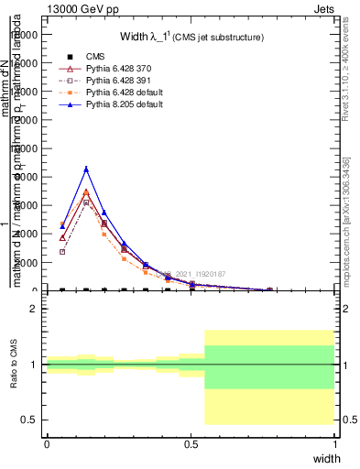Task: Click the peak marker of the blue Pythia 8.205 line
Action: pyautogui.click(x=86, y=169)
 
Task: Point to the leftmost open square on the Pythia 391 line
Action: pyautogui.click(x=62, y=252)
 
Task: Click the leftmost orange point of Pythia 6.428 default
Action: pyautogui.click(x=62, y=224)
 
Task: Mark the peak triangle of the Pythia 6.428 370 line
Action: pyautogui.click(x=86, y=192)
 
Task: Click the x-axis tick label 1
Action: pyautogui.click(x=334, y=442)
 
